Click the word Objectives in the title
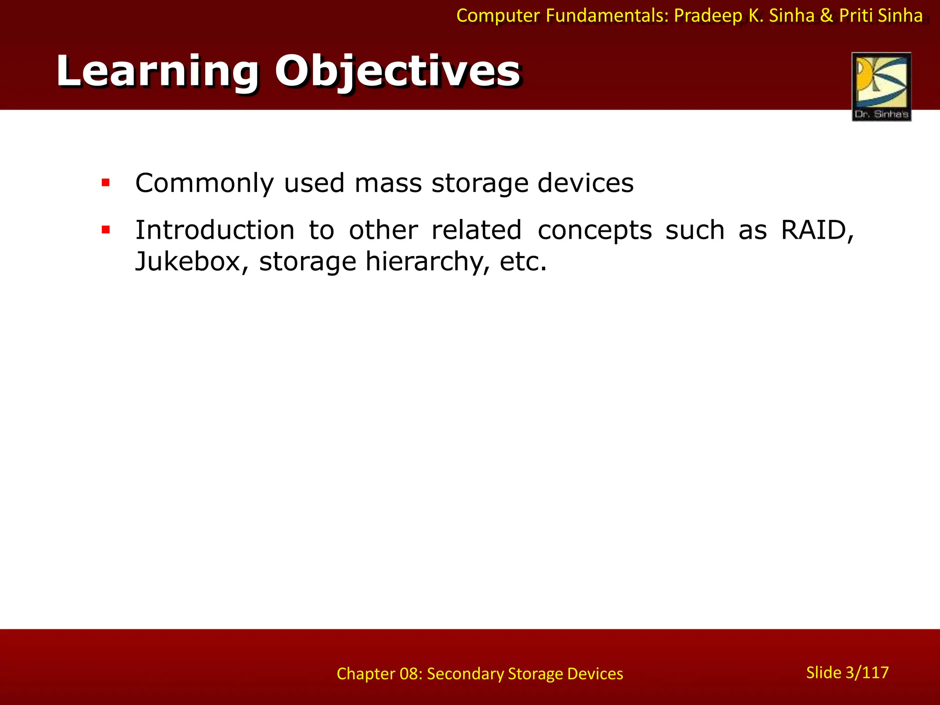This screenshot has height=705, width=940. click(397, 71)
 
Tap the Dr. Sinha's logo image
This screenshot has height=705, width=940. click(881, 86)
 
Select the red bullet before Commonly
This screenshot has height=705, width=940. click(106, 183)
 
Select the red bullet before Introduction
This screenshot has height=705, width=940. click(106, 230)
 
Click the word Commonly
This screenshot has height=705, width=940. click(204, 183)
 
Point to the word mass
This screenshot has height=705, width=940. click(388, 183)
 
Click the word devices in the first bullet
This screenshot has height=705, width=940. click(585, 183)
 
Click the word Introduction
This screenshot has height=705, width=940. click(215, 230)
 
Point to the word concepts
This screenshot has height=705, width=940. click(594, 230)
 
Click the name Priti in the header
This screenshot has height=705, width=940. click(856, 16)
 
